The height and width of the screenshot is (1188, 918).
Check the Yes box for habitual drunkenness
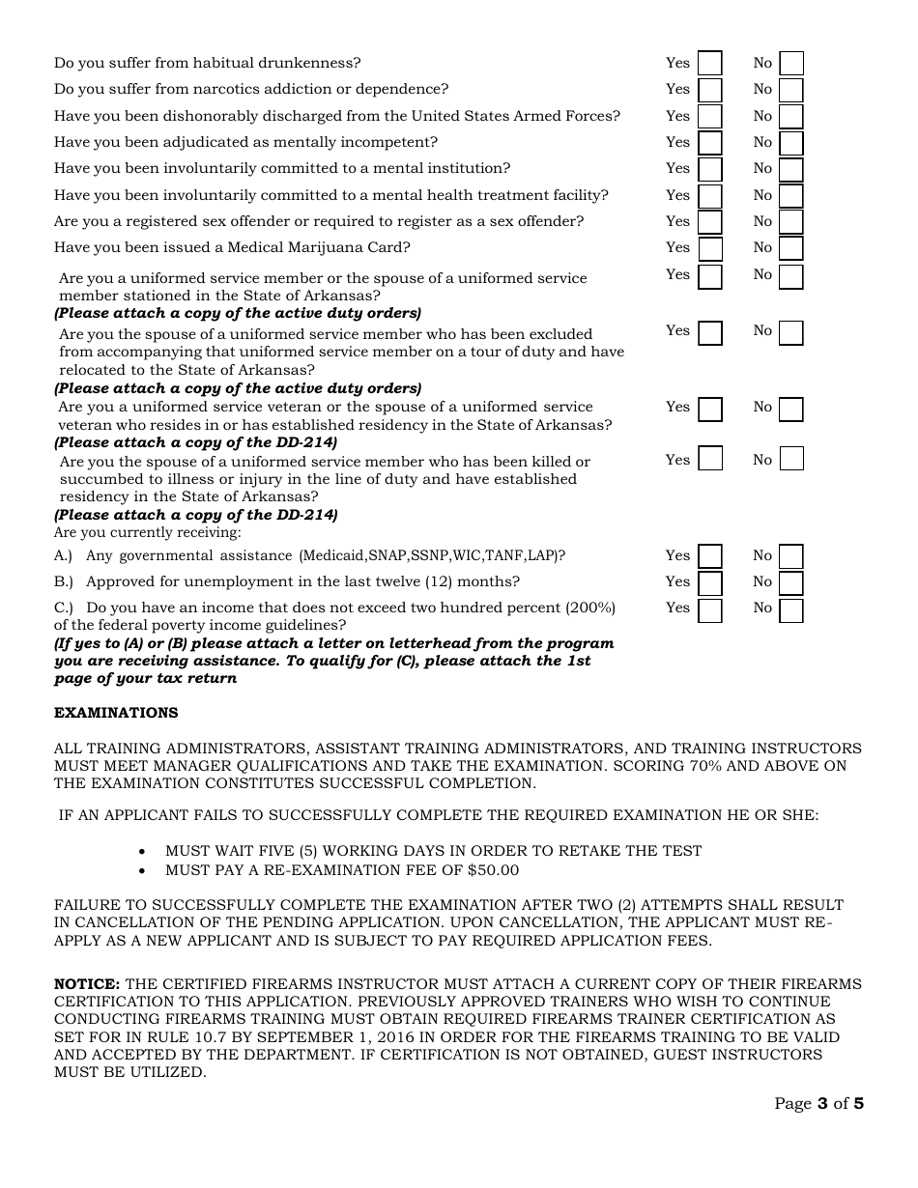coord(709,64)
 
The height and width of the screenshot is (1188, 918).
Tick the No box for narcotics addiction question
coord(791,90)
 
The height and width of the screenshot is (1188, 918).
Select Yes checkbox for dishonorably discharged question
coord(709,117)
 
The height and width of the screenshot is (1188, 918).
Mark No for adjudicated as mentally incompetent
coord(791,143)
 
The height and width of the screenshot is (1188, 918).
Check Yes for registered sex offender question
coord(709,222)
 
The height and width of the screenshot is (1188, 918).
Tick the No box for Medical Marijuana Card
coord(791,248)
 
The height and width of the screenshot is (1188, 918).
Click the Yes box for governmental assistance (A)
coord(709,556)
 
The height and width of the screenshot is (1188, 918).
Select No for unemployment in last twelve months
coord(791,582)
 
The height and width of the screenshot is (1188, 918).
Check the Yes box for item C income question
coord(709,609)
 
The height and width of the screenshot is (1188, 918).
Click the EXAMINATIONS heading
coord(116,713)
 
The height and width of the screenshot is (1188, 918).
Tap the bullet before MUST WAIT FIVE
coord(143,852)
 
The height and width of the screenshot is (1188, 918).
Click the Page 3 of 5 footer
coord(818,1103)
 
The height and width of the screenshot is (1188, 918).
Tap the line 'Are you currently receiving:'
coord(148,532)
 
